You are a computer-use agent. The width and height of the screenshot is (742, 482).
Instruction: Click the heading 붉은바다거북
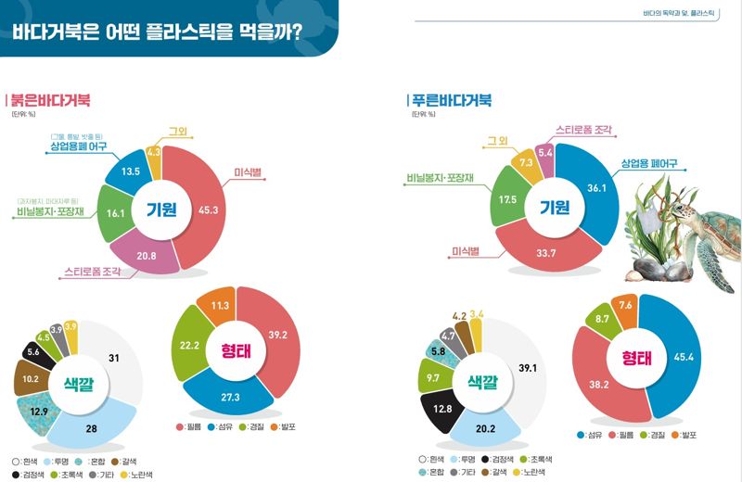52,100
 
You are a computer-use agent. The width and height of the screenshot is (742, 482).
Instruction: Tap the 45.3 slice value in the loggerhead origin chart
209,209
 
